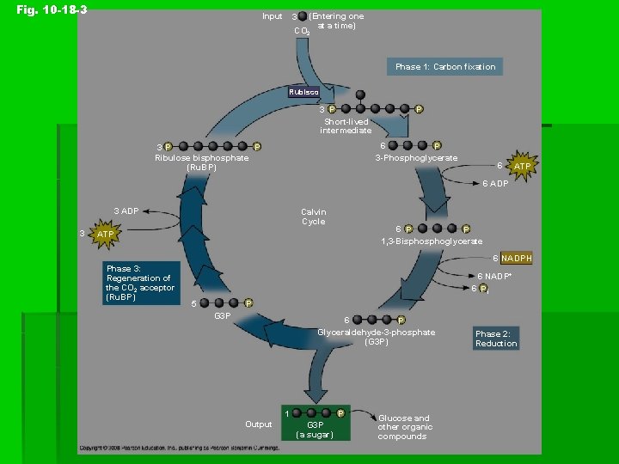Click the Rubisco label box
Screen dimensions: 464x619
(x=303, y=92)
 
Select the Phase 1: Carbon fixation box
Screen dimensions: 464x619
(x=444, y=66)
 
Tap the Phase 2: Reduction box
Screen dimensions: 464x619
(x=496, y=339)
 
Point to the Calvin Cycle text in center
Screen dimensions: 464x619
(x=313, y=217)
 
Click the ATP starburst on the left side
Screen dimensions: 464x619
(x=105, y=235)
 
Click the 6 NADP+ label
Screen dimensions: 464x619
(x=494, y=276)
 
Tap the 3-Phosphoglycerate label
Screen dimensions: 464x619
(x=416, y=158)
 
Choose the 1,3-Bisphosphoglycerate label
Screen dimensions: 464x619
(x=432, y=242)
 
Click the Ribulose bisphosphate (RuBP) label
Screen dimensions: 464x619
(x=201, y=162)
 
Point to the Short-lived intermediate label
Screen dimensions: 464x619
(x=346, y=126)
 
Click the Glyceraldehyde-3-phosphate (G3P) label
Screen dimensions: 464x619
(x=376, y=337)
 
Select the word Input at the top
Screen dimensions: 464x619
(x=272, y=16)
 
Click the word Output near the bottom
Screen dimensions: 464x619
(x=258, y=424)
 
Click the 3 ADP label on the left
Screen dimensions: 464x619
(x=126, y=211)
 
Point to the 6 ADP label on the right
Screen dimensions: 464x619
(x=494, y=183)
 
